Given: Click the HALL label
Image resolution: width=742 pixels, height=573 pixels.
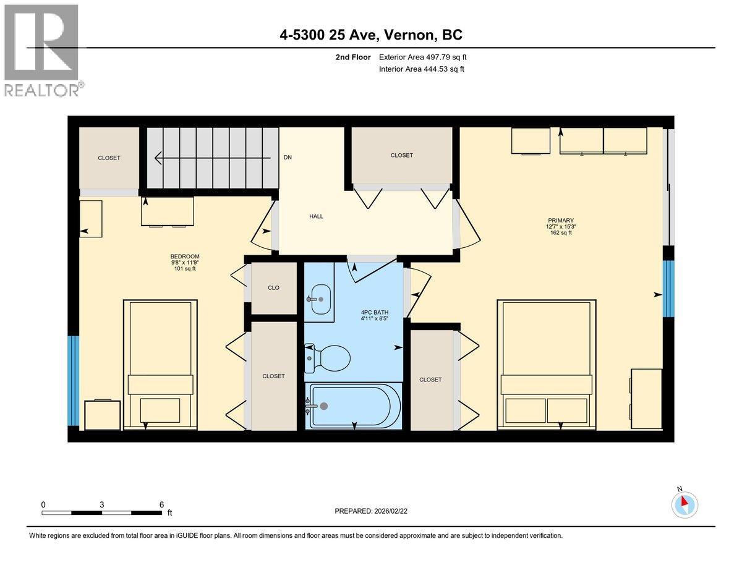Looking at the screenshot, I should click(317, 216).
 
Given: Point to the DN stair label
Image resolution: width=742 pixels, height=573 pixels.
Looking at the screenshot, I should click(288, 158).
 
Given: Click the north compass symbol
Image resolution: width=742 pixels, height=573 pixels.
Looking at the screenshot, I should click(684, 504).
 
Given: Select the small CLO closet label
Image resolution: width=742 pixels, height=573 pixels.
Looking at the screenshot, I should click(273, 287).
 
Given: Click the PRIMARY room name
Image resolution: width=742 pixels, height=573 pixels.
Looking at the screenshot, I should click(560, 220).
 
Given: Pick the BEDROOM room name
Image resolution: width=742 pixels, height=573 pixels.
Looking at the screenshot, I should click(185, 257).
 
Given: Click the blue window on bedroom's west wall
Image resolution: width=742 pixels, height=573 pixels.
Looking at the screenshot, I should click(74, 381).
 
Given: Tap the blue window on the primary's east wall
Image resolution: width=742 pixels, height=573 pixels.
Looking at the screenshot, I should click(668, 289).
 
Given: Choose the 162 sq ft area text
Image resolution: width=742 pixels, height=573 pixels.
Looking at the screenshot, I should click(560, 233).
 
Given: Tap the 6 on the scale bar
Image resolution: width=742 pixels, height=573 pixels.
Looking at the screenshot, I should click(161, 504).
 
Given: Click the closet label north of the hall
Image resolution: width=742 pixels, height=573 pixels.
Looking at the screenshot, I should click(402, 155).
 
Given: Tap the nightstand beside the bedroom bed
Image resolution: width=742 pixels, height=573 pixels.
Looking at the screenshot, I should click(102, 415).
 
